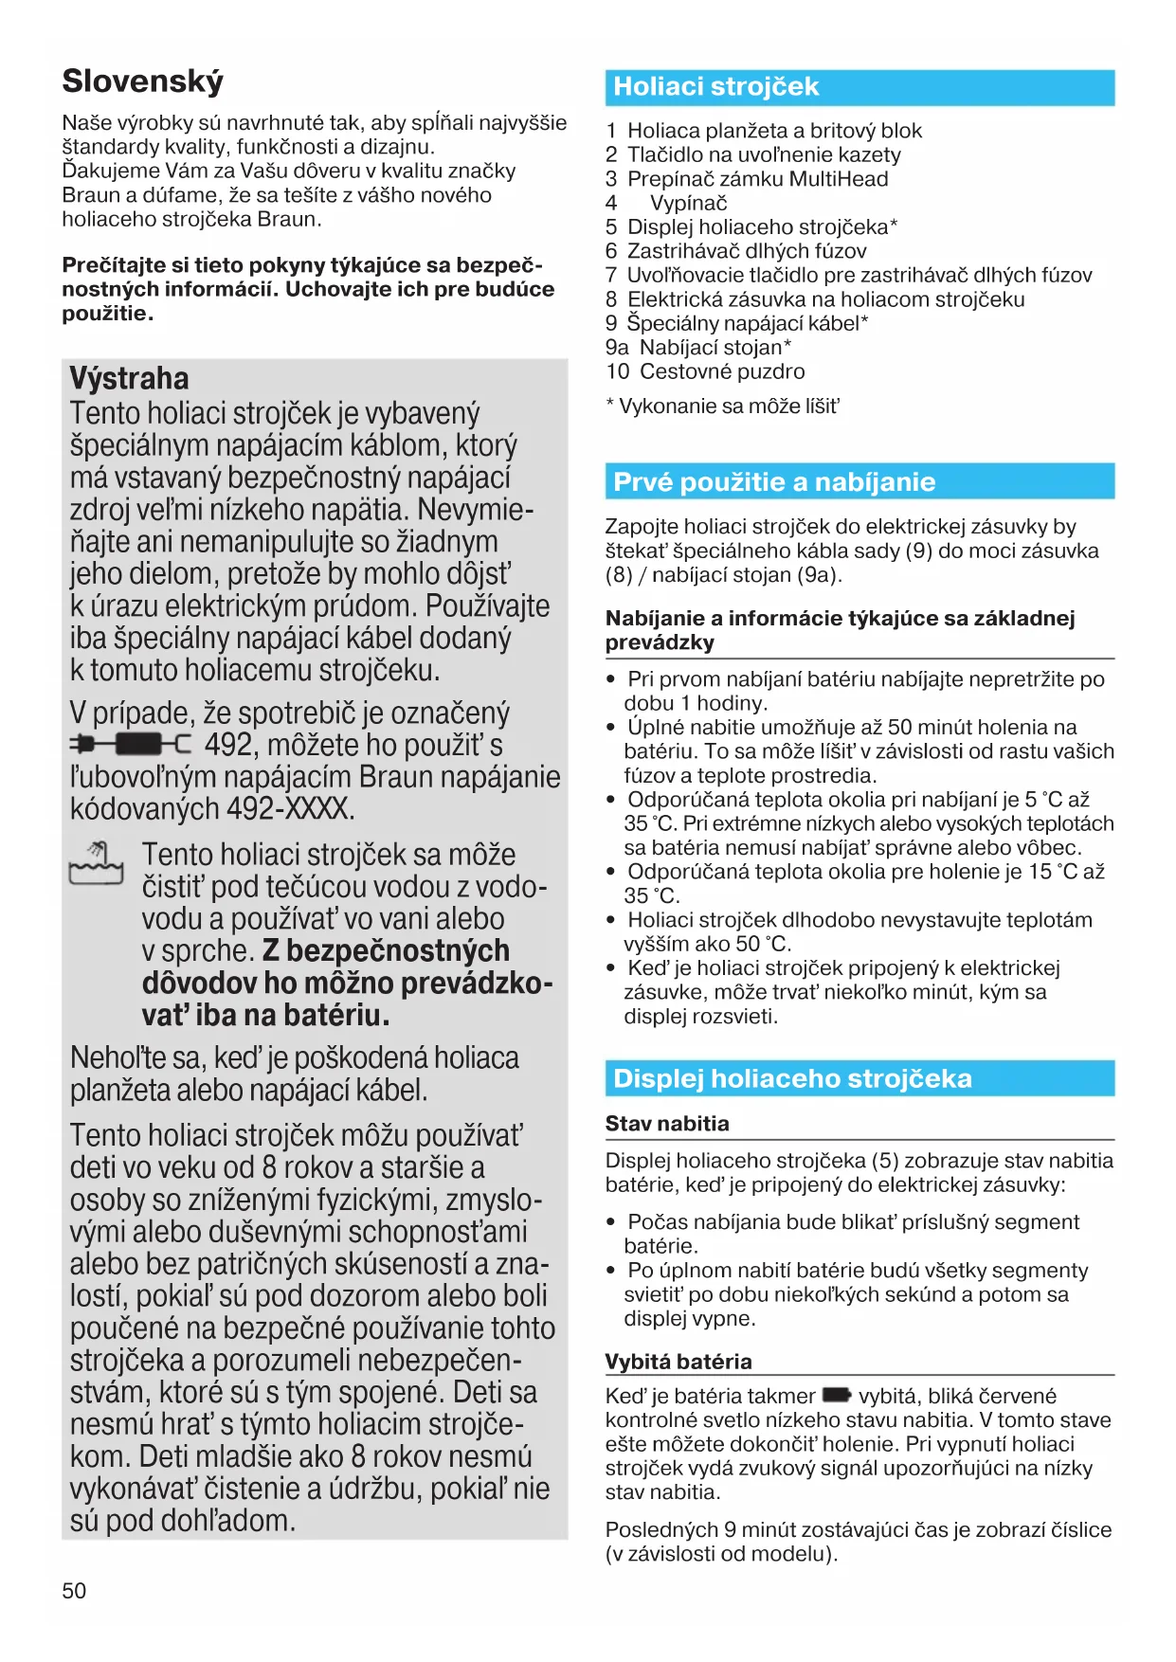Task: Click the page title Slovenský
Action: tap(143, 81)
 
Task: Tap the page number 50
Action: tap(74, 1591)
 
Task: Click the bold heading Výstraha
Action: tap(129, 378)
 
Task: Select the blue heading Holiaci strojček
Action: tap(716, 87)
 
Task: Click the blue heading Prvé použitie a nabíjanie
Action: tap(774, 482)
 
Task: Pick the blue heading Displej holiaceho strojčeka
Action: tap(792, 1078)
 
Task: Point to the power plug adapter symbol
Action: tap(130, 745)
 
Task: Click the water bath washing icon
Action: tap(97, 863)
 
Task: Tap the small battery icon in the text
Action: tap(837, 1395)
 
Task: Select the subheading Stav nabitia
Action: tap(667, 1124)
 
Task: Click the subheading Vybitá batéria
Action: tap(678, 1362)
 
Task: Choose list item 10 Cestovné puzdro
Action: tap(706, 371)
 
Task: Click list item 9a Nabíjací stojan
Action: tap(698, 348)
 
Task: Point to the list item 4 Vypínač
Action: tap(678, 203)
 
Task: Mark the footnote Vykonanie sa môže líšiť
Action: tap(723, 406)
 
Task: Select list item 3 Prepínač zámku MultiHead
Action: tap(748, 179)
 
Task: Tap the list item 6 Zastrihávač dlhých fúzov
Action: tap(736, 251)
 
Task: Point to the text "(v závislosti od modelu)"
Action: tap(722, 1554)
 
